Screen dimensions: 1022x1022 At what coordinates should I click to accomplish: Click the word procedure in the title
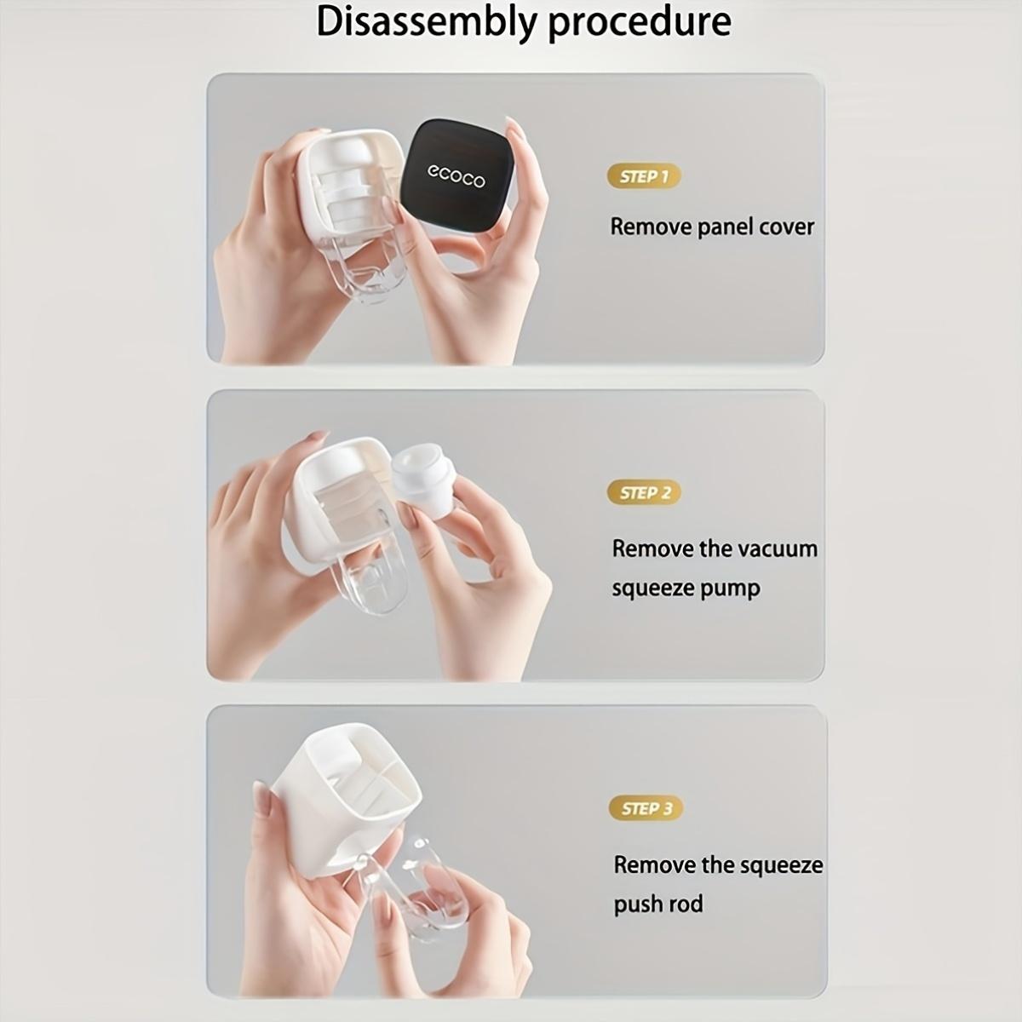coord(639,22)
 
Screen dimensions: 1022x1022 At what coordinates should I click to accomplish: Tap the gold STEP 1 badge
coord(644,176)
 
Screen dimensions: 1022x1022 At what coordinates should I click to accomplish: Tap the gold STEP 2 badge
coord(644,492)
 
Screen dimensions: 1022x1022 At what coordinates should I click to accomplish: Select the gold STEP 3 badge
coord(646,807)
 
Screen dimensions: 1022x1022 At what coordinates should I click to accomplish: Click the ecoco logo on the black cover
coord(456,175)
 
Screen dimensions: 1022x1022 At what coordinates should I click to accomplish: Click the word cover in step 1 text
coord(784,227)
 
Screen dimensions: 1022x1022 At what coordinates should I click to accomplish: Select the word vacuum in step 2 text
coord(774,548)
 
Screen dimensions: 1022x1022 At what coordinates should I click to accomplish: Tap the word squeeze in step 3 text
coord(780,865)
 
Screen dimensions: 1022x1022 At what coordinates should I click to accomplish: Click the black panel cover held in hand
coord(460,175)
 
